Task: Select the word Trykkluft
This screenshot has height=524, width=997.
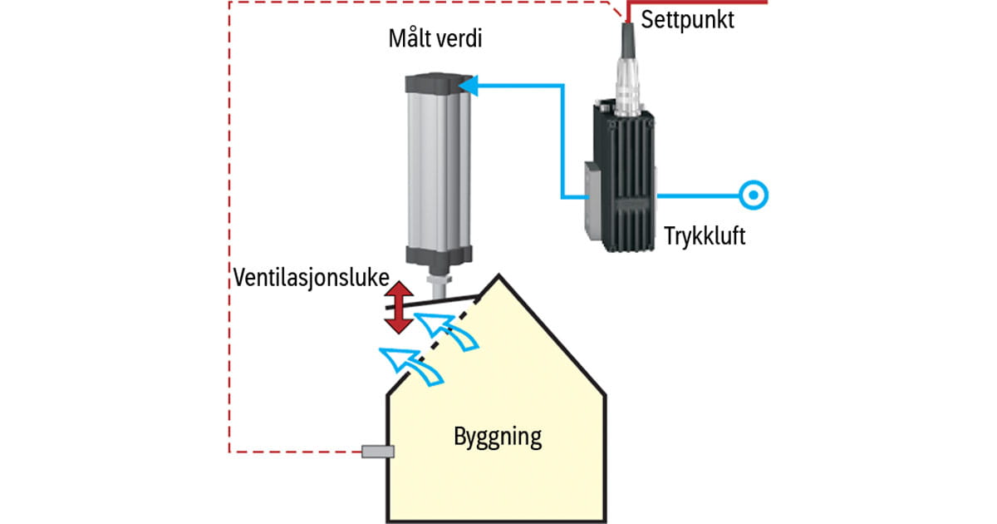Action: (x=705, y=235)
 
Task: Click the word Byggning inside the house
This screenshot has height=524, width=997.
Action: (x=498, y=436)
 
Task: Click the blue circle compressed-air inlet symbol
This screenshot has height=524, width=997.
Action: (x=753, y=195)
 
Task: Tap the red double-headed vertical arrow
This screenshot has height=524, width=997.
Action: (x=400, y=305)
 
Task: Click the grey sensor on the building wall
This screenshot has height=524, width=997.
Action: (x=378, y=452)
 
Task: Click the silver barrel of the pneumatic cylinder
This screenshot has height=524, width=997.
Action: (x=436, y=171)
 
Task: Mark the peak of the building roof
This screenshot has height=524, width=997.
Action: (x=498, y=276)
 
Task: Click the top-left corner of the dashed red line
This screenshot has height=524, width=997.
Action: (x=229, y=2)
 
